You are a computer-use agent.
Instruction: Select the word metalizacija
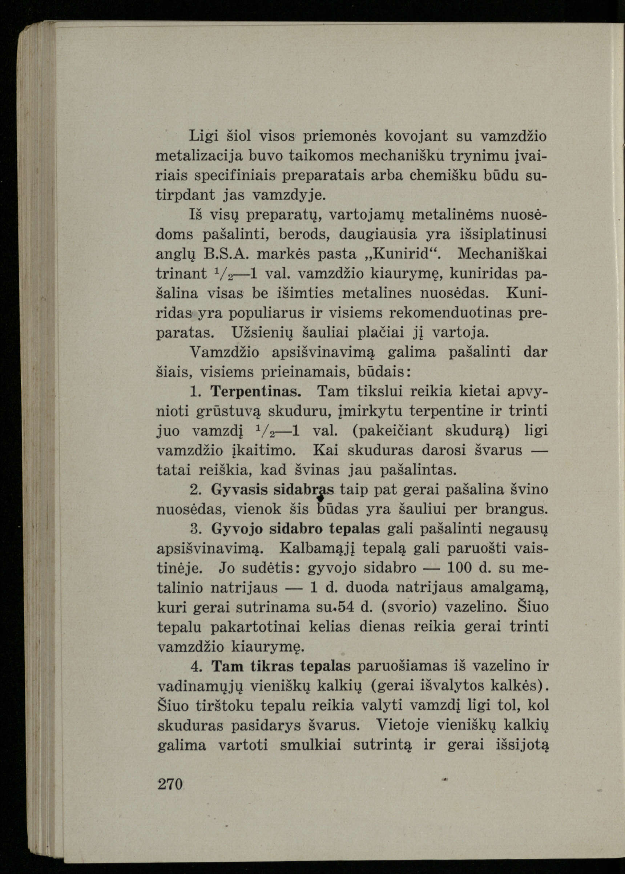199,156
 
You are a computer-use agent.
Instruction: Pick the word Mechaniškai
503,254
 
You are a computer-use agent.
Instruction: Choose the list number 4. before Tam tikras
197,666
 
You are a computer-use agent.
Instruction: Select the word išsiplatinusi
504,234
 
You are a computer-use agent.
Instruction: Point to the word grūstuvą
229,411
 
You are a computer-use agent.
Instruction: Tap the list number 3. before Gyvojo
197,529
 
